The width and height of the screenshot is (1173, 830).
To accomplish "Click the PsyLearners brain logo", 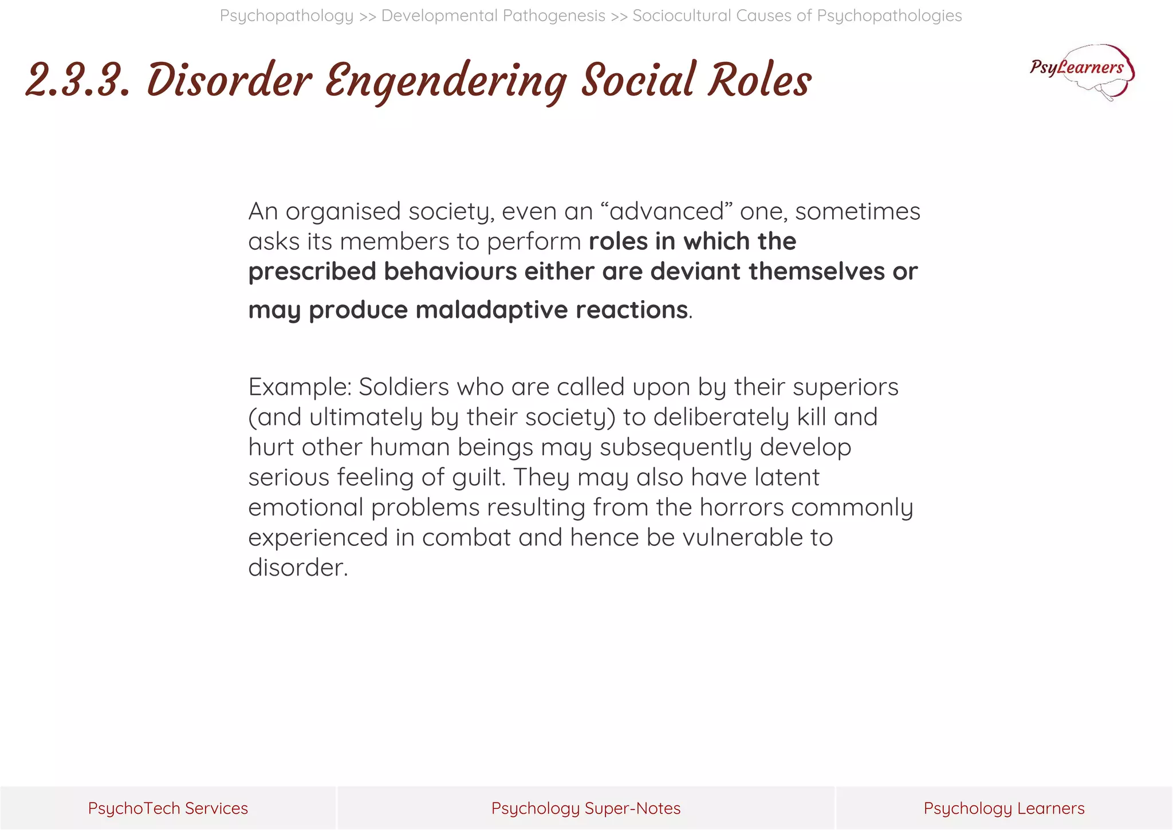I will click(x=1082, y=72).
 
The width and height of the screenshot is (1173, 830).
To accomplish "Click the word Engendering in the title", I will click(x=446, y=81).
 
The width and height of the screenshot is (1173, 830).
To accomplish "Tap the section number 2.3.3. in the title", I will click(x=78, y=81).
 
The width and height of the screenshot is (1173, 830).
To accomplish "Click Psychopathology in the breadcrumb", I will click(x=286, y=15).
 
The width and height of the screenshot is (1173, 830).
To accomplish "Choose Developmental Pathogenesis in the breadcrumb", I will click(x=493, y=15).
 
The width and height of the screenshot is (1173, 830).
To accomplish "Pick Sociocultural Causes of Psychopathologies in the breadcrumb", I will click(x=797, y=15).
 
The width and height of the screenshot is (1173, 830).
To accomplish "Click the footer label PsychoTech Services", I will click(x=168, y=808).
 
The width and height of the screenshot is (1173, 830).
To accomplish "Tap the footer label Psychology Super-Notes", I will click(x=586, y=808).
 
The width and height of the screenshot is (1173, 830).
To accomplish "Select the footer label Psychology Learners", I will click(x=1003, y=808).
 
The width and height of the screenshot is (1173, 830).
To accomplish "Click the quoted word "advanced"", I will click(x=667, y=211).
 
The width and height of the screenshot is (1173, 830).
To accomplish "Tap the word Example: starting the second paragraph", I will click(x=300, y=387).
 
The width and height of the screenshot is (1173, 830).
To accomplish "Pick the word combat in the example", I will click(x=466, y=537).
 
